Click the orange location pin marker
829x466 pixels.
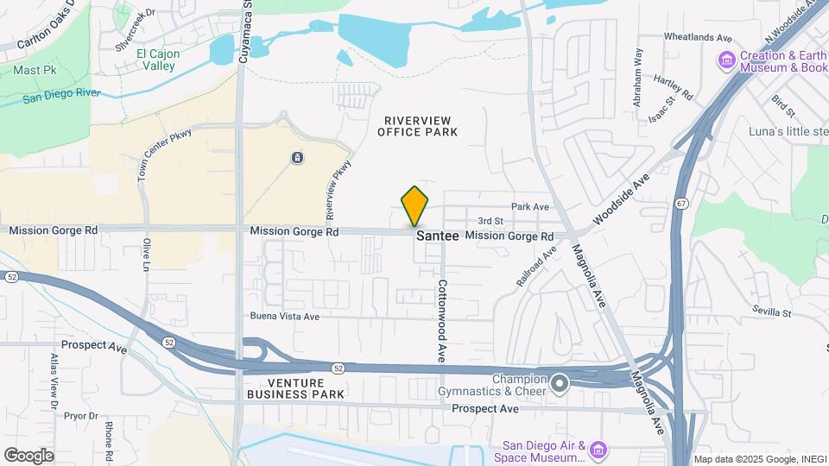click(x=414, y=206)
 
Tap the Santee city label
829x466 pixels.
click(x=437, y=236)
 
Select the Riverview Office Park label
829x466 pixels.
click(x=417, y=125)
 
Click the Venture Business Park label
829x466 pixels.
click(x=295, y=388)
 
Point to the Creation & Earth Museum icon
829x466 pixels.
click(x=726, y=60)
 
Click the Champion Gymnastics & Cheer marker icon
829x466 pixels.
click(x=560, y=381)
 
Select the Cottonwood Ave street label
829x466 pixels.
click(x=441, y=319)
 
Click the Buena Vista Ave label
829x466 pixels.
click(x=286, y=317)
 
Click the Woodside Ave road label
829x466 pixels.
click(x=619, y=202)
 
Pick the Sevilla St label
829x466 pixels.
click(x=771, y=311)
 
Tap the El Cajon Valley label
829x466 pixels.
click(x=158, y=60)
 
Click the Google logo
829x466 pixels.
click(x=28, y=455)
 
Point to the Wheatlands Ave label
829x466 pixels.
click(x=698, y=38)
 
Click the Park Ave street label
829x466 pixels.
click(x=529, y=207)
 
